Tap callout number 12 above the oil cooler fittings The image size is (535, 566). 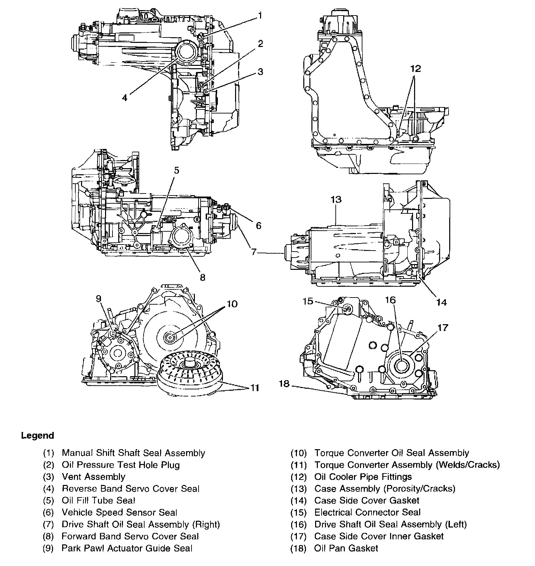click(416, 69)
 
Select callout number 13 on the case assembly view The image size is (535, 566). click(336, 200)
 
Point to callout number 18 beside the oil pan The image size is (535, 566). click(284, 384)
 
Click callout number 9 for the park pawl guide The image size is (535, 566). click(98, 299)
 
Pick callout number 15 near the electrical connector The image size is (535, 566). click(308, 301)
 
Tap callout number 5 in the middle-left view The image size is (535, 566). click(176, 170)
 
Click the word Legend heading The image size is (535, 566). click(37, 436)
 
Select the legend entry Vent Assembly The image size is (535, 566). click(94, 477)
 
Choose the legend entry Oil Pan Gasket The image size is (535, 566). click(346, 548)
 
